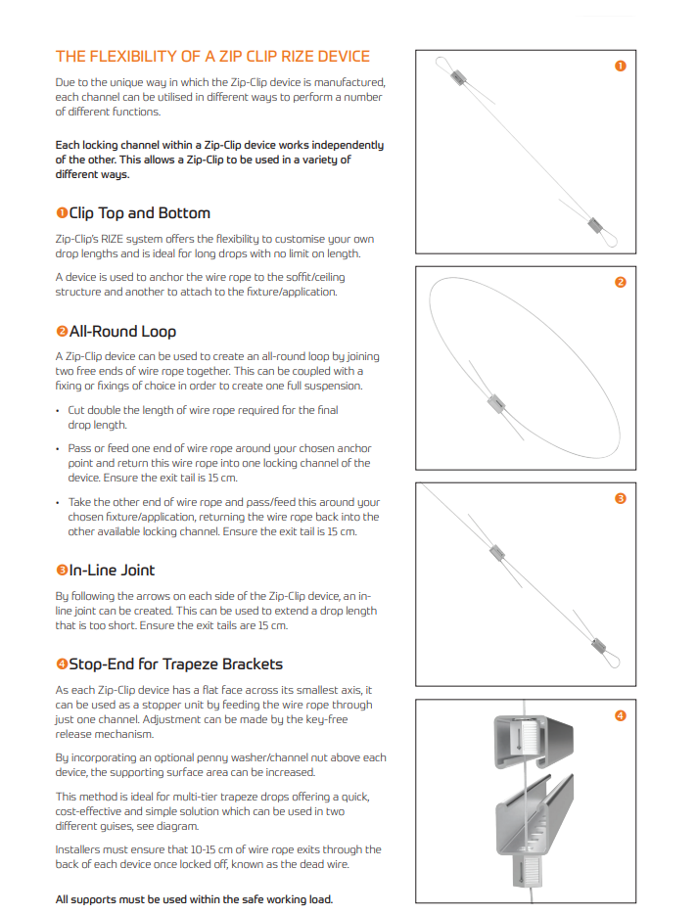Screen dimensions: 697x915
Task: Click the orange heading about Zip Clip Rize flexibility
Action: [212, 57]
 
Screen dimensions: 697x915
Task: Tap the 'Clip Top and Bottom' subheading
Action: [140, 213]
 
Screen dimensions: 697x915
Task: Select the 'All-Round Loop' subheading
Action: [122, 332]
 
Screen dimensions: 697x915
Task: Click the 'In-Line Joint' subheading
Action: [112, 571]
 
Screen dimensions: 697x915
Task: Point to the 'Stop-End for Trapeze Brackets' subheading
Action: [175, 664]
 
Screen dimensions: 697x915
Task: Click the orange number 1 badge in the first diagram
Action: [621, 66]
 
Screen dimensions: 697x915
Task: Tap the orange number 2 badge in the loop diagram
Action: [621, 283]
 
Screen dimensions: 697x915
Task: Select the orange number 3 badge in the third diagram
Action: [621, 498]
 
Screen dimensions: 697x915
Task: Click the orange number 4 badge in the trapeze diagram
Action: [621, 715]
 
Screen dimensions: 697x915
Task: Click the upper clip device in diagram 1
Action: [459, 77]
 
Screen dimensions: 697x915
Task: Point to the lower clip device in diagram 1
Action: [595, 225]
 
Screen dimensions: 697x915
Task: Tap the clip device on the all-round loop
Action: [496, 404]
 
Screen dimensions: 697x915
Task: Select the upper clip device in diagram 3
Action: [496, 552]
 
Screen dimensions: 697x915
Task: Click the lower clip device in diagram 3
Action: [598, 645]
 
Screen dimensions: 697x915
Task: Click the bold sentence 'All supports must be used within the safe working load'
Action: [195, 899]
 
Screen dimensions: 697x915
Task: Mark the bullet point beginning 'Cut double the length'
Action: [204, 417]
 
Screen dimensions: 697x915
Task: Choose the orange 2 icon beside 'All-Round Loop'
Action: [62, 332]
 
